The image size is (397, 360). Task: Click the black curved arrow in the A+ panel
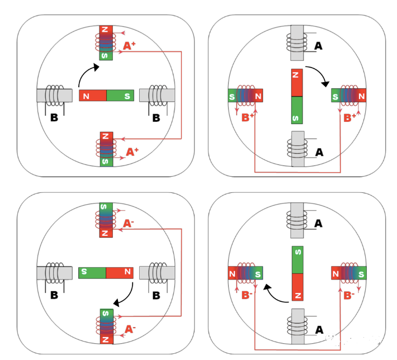tap(87, 74)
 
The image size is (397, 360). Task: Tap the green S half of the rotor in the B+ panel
tap(297, 110)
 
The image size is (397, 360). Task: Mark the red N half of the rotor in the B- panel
tap(297, 287)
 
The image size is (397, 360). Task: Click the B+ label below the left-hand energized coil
tap(248, 117)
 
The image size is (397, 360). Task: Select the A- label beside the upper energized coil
tap(129, 224)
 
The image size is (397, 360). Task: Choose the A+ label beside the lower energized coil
tap(132, 151)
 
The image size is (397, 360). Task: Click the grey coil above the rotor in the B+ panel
tap(296, 41)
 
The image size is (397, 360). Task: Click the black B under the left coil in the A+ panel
tap(55, 118)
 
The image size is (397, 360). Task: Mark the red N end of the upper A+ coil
tap(106, 30)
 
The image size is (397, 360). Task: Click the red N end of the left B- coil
tap(233, 274)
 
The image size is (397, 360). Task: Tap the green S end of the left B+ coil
tap(233, 96)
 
